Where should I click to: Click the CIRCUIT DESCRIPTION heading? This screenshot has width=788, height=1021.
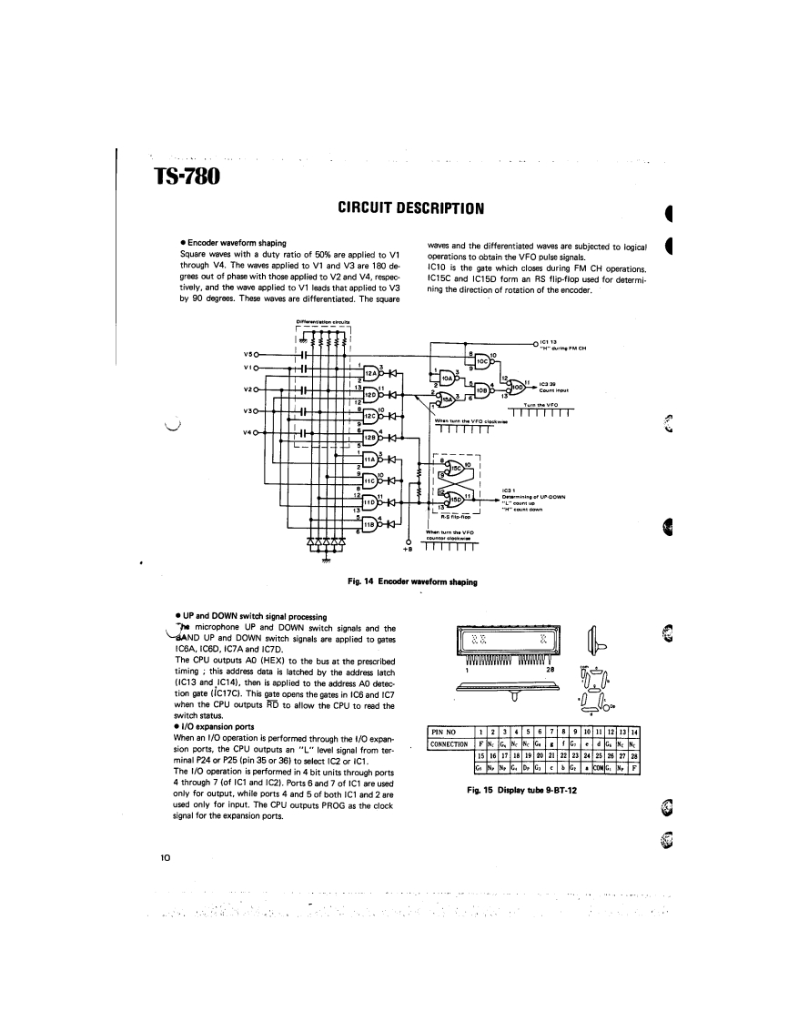click(x=410, y=208)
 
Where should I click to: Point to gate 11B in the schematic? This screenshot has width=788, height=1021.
click(x=369, y=523)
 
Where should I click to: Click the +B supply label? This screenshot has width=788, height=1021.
click(x=408, y=551)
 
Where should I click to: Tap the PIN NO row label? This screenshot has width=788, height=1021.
click(x=448, y=733)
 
